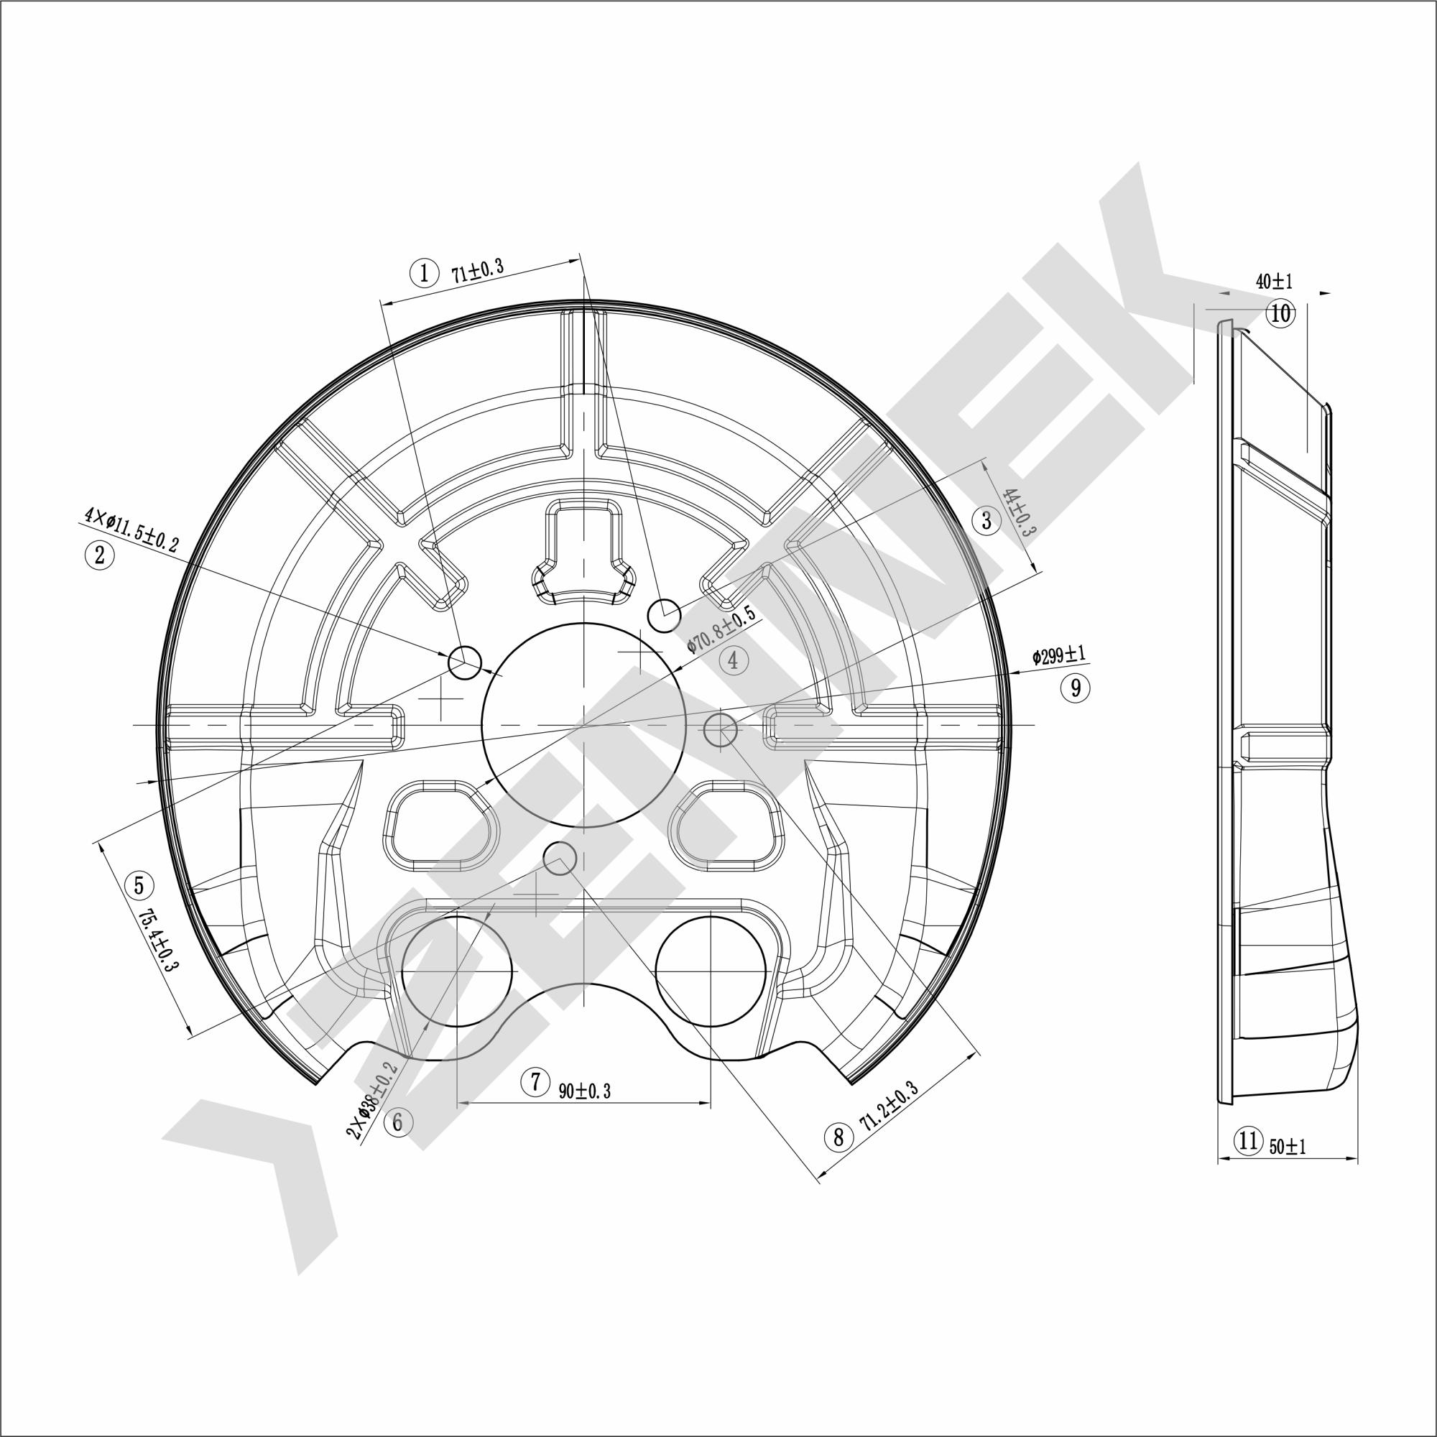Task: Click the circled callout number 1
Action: (424, 272)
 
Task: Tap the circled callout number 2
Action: (100, 555)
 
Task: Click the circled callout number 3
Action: (987, 520)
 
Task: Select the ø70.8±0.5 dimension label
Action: (721, 629)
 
